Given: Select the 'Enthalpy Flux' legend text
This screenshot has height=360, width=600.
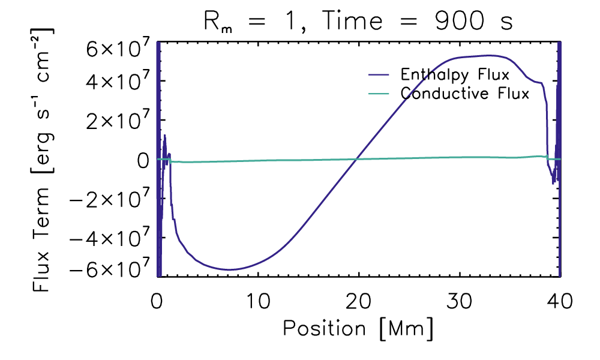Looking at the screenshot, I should [455, 75].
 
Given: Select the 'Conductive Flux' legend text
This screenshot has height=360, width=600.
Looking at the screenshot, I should [465, 94].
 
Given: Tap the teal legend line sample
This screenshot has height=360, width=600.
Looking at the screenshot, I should [380, 94].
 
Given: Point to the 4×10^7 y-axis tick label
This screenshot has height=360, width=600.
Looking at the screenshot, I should [113, 80].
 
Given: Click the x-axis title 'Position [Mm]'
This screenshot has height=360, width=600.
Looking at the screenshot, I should [358, 328].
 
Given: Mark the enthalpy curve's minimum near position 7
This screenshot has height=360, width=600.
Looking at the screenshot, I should [228, 269].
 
